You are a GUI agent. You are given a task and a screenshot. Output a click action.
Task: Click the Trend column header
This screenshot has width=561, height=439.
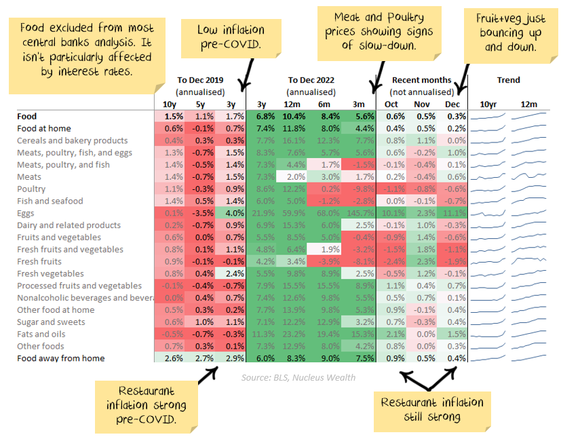click(508, 80)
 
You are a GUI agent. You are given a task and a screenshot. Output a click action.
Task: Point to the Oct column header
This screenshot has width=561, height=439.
click(391, 104)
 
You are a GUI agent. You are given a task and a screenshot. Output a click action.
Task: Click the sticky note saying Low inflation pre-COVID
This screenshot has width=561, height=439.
click(230, 37)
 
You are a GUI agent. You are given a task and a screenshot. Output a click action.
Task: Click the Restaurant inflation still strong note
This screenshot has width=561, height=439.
click(432, 410)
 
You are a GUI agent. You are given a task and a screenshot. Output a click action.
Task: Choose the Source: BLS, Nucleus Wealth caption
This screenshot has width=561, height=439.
click(298, 377)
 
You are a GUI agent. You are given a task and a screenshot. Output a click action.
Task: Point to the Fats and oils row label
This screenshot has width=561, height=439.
click(41, 334)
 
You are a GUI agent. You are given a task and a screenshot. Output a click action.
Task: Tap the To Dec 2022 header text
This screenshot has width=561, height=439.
click(311, 80)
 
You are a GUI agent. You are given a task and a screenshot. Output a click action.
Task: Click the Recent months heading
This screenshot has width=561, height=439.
click(421, 80)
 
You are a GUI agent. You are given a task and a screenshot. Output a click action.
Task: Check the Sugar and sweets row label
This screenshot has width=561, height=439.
click(51, 322)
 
